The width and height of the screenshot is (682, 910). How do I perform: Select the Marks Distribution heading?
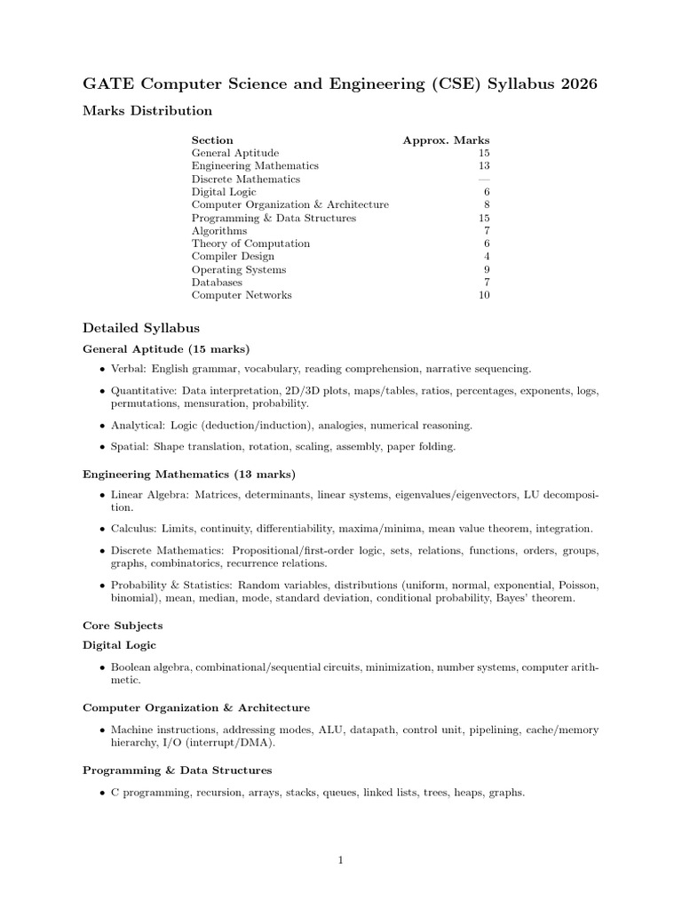point(147,111)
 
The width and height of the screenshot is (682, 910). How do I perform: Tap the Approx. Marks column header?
point(446,140)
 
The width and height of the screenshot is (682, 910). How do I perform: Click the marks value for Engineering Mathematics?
point(484,166)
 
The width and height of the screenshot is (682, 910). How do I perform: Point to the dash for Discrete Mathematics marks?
point(484,179)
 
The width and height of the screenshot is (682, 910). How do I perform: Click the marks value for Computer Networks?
point(484,295)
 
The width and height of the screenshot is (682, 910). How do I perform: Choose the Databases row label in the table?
point(217,283)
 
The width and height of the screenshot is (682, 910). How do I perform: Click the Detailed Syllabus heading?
point(141,328)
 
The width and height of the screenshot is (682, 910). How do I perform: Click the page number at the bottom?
point(341,859)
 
